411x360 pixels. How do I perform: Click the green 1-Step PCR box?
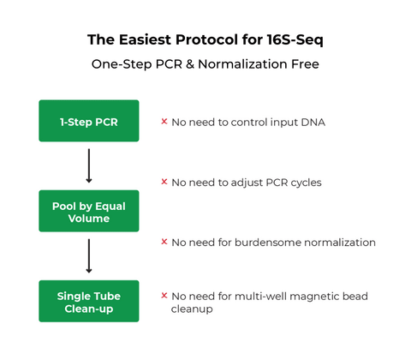(x=88, y=121)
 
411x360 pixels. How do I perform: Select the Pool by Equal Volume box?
(x=88, y=211)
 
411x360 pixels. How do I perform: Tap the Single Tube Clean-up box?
(x=88, y=301)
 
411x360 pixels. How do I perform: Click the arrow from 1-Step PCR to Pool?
(x=88, y=165)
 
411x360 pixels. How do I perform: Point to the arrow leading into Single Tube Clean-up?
(x=88, y=255)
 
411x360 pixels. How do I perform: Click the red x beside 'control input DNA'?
(x=164, y=122)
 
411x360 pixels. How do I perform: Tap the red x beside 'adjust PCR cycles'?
(x=164, y=182)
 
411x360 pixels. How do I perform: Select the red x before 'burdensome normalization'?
(x=164, y=242)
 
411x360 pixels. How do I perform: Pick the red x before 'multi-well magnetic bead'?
(x=164, y=296)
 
